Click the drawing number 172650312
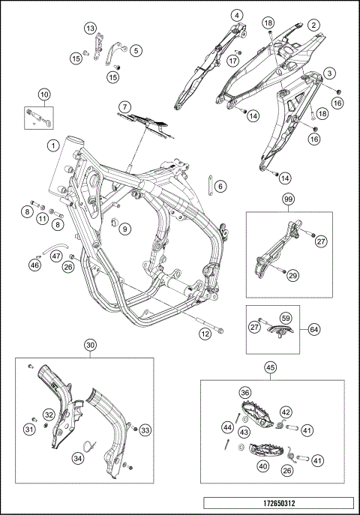tap(279, 503)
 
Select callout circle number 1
tap(53, 145)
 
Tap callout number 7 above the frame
tap(124, 107)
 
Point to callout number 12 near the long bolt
tap(205, 334)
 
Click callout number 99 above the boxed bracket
tap(289, 199)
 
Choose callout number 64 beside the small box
tap(314, 329)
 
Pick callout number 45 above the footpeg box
tap(271, 368)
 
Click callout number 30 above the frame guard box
tap(91, 345)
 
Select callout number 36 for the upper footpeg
tap(245, 393)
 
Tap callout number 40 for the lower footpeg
tap(263, 466)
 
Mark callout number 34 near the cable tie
tap(79, 458)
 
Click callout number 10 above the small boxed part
tap(44, 94)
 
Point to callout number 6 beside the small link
tap(220, 187)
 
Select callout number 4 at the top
tap(237, 15)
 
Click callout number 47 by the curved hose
tap(57, 256)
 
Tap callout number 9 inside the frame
tap(124, 229)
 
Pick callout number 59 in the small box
tap(286, 318)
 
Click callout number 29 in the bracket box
tap(292, 276)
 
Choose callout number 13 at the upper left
tap(90, 28)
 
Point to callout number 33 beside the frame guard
tap(145, 430)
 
